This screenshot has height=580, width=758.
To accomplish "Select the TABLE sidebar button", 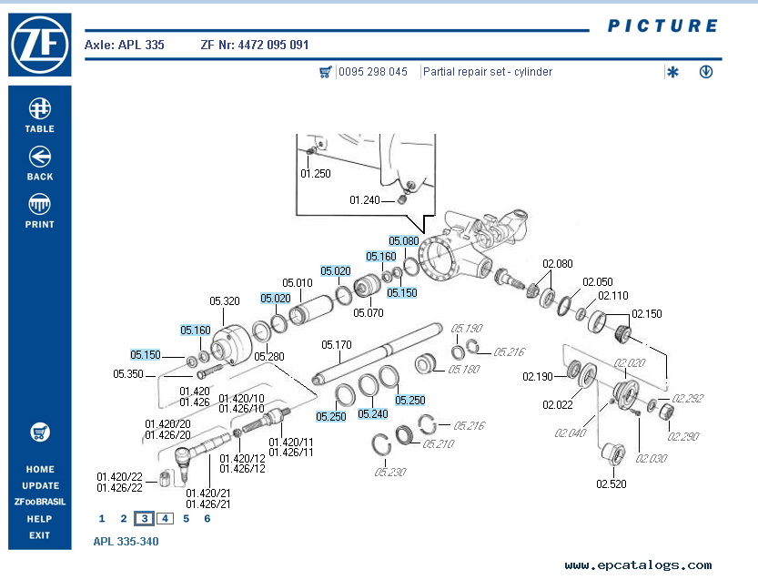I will [x=39, y=115].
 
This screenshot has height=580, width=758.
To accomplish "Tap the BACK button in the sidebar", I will [x=39, y=163].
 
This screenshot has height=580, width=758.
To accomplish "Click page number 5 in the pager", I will [x=186, y=519].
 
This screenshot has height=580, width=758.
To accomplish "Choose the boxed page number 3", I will [x=144, y=519].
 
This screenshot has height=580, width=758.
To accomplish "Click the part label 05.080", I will [x=403, y=241].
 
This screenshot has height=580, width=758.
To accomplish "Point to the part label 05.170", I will [x=337, y=345].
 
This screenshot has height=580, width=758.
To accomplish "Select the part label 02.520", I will [x=611, y=484].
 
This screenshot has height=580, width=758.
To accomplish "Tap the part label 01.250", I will [x=316, y=173].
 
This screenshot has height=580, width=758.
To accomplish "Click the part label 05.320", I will [x=225, y=301].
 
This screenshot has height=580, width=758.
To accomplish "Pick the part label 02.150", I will [x=647, y=314].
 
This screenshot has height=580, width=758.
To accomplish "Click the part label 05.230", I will [x=389, y=472].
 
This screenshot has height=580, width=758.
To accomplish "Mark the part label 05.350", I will [x=128, y=373].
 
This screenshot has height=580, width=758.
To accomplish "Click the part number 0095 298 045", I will [x=373, y=72].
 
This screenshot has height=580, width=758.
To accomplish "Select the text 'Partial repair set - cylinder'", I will [x=488, y=72].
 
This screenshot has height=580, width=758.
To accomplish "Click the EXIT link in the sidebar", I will [x=39, y=535].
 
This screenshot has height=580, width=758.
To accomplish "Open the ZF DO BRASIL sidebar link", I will [x=39, y=502].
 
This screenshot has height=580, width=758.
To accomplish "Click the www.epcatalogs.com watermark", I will [x=638, y=565].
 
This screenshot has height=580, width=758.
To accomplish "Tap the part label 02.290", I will [x=684, y=437].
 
